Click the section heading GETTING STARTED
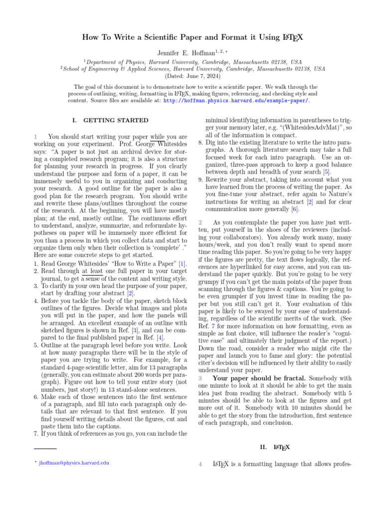[x=116, y=120]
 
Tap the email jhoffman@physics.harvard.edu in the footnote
[x=74, y=463]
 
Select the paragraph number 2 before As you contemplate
[x=200, y=222]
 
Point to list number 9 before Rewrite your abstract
[x=200, y=179]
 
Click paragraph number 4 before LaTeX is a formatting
[x=200, y=465]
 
